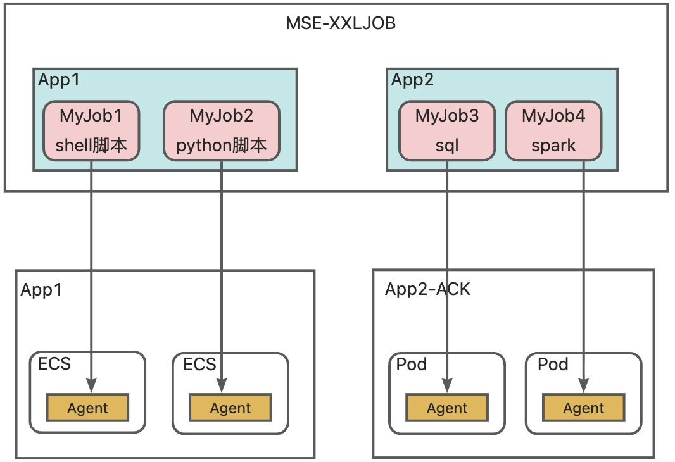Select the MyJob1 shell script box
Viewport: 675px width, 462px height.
92,130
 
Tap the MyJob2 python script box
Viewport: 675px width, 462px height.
222,130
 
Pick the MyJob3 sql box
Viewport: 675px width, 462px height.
447,130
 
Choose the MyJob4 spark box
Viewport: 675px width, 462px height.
553,130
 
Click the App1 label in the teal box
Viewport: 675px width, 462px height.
58,80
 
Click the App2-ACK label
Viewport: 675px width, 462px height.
427,289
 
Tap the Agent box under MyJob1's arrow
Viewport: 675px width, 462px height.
87,408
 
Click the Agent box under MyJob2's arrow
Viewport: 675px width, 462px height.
230,408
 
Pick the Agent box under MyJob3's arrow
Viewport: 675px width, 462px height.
447,408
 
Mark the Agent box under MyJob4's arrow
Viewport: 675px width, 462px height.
584,408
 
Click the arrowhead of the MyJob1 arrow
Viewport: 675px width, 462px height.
92,384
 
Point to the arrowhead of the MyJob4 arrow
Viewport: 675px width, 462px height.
583,384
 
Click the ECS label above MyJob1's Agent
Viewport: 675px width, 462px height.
54,365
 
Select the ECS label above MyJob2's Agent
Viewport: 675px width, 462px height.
199,365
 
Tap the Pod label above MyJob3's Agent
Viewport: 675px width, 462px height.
412,365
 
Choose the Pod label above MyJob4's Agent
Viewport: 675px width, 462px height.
553,365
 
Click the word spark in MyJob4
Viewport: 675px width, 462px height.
553,145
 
